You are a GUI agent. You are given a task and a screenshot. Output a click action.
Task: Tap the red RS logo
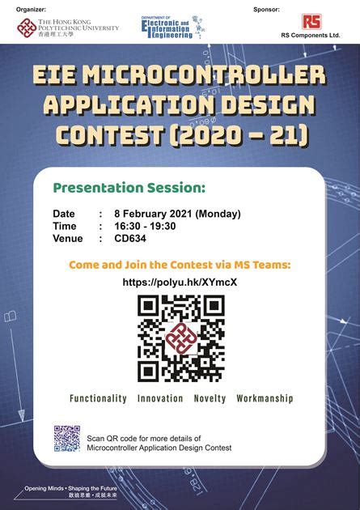pyautogui.click(x=311, y=22)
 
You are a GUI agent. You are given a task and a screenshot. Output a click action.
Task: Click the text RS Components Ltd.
pyautogui.click(x=311, y=36)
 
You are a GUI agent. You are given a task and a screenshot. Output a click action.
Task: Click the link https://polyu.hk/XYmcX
pyautogui.click(x=180, y=283)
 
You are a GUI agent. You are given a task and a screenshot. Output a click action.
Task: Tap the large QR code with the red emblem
pyautogui.click(x=180, y=337)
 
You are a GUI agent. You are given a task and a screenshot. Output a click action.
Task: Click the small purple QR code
pyautogui.click(x=66, y=438)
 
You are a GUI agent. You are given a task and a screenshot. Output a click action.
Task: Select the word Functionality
pyautogui.click(x=98, y=399)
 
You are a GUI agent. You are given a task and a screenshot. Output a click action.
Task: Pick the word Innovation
pyautogui.click(x=160, y=399)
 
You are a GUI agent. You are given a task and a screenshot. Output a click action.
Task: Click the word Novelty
pyautogui.click(x=210, y=399)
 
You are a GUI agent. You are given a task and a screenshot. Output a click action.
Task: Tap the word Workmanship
pyautogui.click(x=265, y=399)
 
